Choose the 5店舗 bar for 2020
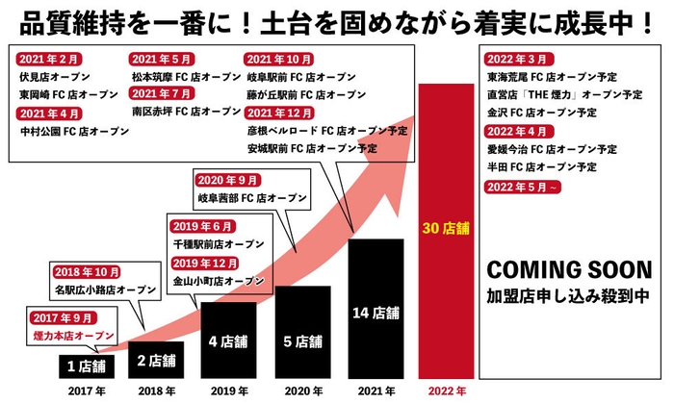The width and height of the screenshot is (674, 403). coord(303,340)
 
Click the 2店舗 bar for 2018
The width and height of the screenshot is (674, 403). coord(156,361)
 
